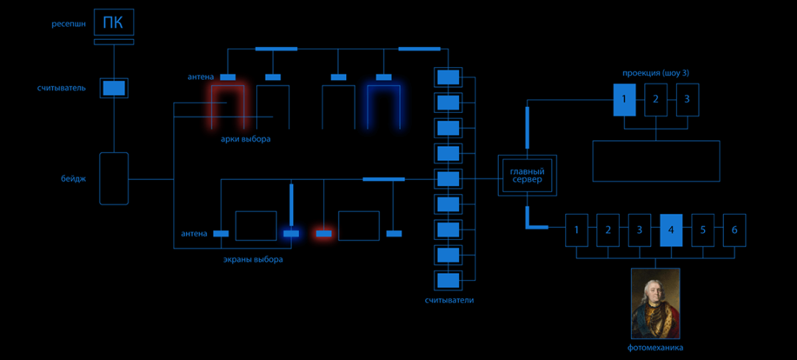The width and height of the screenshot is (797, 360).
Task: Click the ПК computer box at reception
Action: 114,24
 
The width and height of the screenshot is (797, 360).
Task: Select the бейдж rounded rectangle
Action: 114,179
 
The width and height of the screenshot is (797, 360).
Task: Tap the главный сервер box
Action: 527,176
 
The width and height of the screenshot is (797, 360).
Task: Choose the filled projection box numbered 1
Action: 624,100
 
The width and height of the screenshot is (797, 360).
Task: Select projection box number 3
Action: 687,100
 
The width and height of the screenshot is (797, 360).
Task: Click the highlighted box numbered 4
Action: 671,230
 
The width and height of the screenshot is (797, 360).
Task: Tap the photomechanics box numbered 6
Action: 734,230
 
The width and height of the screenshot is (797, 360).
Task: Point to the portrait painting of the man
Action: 655,303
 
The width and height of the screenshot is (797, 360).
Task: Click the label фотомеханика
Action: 655,347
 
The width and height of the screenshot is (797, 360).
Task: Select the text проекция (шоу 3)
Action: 655,73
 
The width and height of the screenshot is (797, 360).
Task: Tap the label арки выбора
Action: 246,139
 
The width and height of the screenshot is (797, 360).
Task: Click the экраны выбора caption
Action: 253,260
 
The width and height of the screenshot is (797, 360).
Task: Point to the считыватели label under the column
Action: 449,300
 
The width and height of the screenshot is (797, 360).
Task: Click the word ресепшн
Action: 69,24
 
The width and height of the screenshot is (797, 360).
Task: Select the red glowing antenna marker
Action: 323,234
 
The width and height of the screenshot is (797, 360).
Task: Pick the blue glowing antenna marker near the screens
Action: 291,234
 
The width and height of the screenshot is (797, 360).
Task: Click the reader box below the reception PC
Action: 114,88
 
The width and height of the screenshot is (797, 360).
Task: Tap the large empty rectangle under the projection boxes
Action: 656,161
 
